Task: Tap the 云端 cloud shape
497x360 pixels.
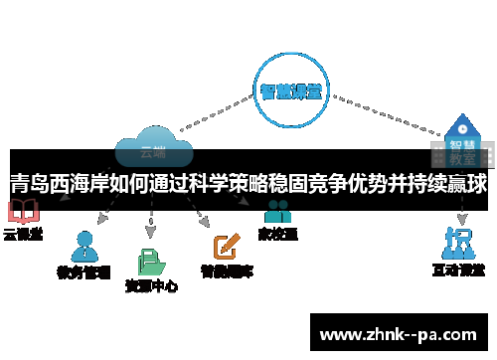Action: pyautogui.click(x=152, y=146)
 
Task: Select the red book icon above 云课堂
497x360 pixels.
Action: pyautogui.click(x=21, y=212)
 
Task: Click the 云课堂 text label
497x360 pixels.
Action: pyautogui.click(x=23, y=235)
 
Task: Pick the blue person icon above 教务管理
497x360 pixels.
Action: pyautogui.click(x=84, y=246)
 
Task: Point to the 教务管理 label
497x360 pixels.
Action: pyautogui.click(x=83, y=270)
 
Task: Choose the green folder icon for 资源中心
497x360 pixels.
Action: pyautogui.click(x=151, y=261)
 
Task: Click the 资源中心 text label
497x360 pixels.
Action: pyautogui.click(x=151, y=285)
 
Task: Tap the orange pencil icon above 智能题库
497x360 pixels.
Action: pyautogui.click(x=227, y=244)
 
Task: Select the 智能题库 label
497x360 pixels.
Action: pyautogui.click(x=227, y=270)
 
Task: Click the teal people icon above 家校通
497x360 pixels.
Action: pyautogui.click(x=277, y=212)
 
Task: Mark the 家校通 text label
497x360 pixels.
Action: pyautogui.click(x=277, y=235)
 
